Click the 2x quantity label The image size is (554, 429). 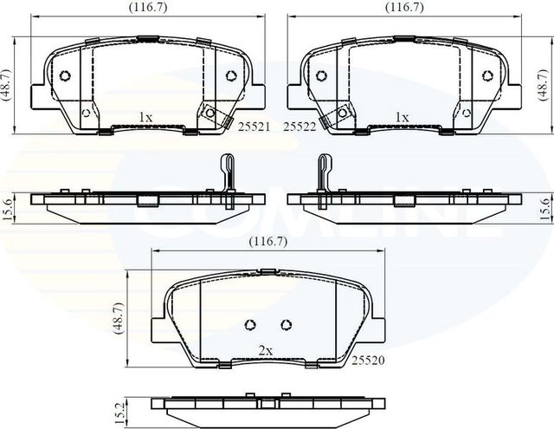point(266,351)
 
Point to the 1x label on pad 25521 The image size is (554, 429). point(145,116)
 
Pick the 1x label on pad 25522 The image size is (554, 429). point(402,116)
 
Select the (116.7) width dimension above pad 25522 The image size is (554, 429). point(404,7)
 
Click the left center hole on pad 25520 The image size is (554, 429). point(250,325)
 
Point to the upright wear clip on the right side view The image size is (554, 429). point(325,178)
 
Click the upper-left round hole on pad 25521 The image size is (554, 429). point(64,75)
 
